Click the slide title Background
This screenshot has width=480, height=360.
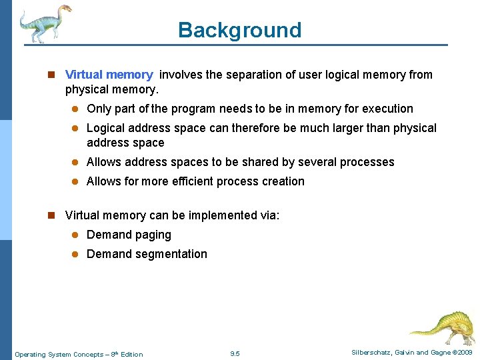click(x=239, y=30)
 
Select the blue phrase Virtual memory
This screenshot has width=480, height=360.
click(x=109, y=75)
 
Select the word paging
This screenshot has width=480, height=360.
click(x=153, y=235)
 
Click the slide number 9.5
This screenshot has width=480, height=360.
click(x=234, y=354)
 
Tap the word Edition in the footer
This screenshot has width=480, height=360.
click(x=131, y=355)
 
